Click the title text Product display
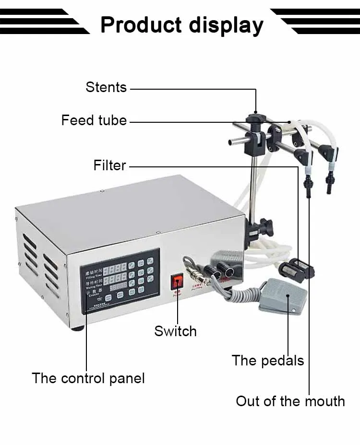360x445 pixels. tap(181, 24)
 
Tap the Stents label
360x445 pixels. tap(106, 87)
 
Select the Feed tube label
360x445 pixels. tap(94, 120)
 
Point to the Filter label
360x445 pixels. tap(110, 165)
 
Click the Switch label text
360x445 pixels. tap(175, 331)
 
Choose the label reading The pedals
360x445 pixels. tap(268, 361)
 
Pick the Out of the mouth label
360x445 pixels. tap(290, 401)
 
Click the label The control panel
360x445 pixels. tap(88, 378)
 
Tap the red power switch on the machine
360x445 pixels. tap(178, 281)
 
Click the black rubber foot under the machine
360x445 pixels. tap(77, 328)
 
